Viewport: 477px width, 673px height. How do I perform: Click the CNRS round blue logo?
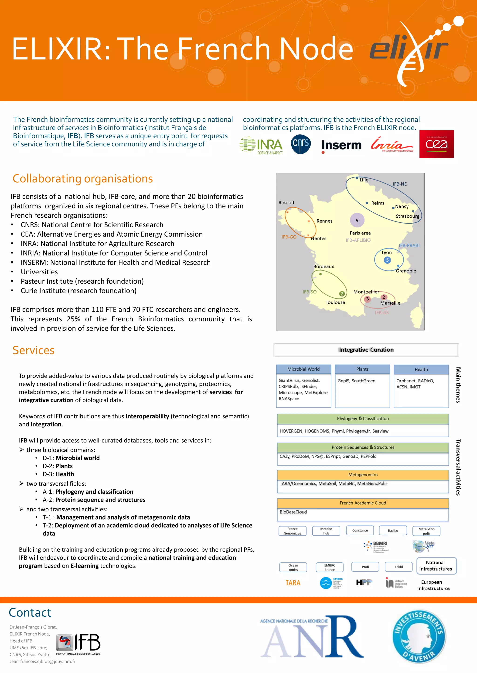(x=301, y=144)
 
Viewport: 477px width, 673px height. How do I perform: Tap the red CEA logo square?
(x=436, y=144)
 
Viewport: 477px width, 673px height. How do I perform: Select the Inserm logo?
(x=341, y=145)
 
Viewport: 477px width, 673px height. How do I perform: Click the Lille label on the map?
(x=364, y=180)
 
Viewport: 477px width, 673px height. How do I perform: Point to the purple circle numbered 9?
(x=357, y=220)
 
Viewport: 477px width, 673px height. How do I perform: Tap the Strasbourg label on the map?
(x=407, y=216)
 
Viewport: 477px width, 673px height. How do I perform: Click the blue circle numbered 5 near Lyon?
(x=387, y=260)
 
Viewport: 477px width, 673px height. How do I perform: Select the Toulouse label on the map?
(x=335, y=302)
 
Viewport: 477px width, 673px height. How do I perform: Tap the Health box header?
(x=421, y=369)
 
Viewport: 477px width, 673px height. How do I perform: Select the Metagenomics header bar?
(x=363, y=475)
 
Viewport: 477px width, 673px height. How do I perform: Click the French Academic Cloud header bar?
(x=363, y=503)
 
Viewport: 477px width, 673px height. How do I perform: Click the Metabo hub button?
(x=326, y=530)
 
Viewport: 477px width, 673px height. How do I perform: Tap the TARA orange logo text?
(x=293, y=583)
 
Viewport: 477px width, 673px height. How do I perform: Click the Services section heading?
(x=34, y=350)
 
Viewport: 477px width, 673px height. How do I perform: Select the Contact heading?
(x=30, y=612)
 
